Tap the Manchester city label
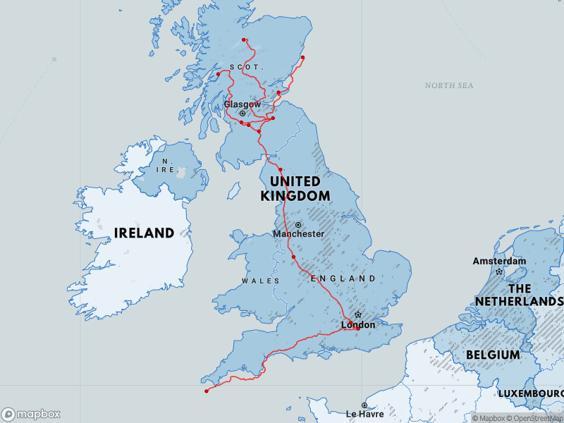pos(298,233)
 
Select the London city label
pos(358,325)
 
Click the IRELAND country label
pos(144,233)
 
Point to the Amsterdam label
pos(499,262)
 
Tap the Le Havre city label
pos(364,415)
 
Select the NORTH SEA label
pos(449,85)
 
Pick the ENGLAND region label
pos(343,278)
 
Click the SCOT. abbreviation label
pos(245,67)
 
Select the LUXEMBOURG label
pos(530,392)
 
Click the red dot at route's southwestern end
pos(206,391)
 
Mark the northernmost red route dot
pos(243,39)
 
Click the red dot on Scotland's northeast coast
pos(302,57)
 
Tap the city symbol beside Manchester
pos(298,225)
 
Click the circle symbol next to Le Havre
pos(364,405)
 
